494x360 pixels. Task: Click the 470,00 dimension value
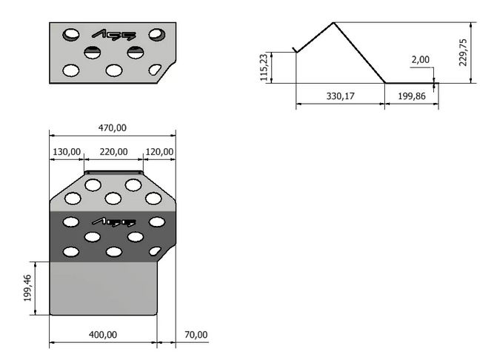(113, 128)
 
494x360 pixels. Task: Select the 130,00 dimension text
(67, 152)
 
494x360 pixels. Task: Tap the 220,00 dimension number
(114, 152)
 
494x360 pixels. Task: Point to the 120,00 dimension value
(159, 152)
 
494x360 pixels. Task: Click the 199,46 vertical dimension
(27, 288)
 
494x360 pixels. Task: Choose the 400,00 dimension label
(103, 335)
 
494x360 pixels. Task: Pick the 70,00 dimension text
(196, 335)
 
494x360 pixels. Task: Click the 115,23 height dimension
(264, 67)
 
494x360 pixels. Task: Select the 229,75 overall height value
(463, 53)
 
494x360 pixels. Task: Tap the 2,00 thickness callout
(420, 59)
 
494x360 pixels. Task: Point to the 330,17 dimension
(340, 96)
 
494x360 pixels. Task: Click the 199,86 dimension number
(412, 96)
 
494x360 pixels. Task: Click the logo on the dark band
(114, 222)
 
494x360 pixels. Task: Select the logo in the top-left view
(114, 35)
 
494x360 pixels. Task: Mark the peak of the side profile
(333, 23)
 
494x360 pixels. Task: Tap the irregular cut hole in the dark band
(155, 251)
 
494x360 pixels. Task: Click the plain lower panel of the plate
(104, 288)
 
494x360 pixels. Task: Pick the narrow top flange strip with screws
(114, 173)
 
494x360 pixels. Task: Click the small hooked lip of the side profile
(295, 50)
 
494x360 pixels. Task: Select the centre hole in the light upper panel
(113, 199)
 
